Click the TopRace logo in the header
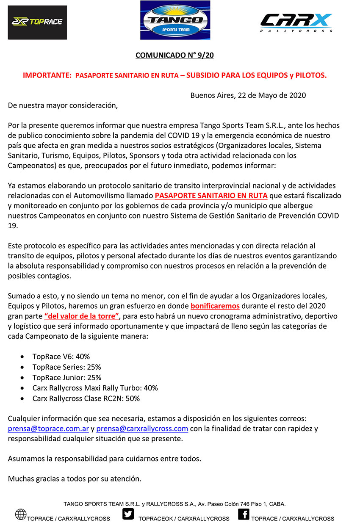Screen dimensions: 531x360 click(x=37, y=22)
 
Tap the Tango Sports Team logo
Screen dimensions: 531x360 click(x=175, y=20)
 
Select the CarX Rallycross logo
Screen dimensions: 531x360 click(x=296, y=22)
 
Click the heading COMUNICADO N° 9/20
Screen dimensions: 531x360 click(x=177, y=55)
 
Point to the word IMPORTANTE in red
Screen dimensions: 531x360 click(x=47, y=75)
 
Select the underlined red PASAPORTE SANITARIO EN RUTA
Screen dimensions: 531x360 click(x=211, y=195)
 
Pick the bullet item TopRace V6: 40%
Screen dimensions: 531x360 click(x=61, y=357)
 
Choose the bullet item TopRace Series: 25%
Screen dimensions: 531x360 click(x=66, y=367)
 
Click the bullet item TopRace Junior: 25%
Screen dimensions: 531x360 click(x=67, y=377)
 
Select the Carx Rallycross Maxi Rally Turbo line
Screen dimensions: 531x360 click(x=95, y=388)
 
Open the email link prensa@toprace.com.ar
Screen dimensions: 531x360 click(x=48, y=429)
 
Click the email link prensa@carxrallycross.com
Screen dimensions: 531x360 click(x=142, y=429)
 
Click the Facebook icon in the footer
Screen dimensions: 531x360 click(x=244, y=514)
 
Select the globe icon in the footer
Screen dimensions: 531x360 click(x=21, y=514)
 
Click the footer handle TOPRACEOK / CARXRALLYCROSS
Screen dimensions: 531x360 click(x=184, y=519)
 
